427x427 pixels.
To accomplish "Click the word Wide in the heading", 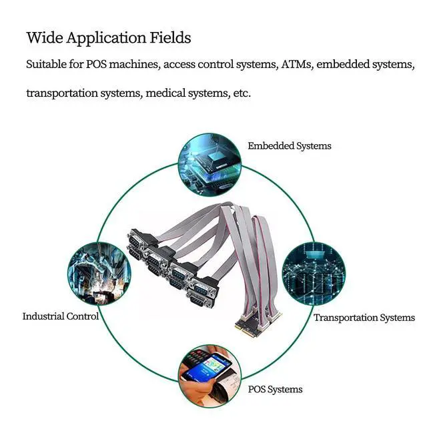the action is coord(45,37).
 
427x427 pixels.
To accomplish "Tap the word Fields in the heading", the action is coord(171,37).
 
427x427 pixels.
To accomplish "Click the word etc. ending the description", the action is coord(242,93).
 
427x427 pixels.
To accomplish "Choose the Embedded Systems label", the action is coord(290,146).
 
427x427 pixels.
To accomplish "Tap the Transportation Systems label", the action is coord(364,318).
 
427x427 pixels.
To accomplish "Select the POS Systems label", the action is coord(275,390).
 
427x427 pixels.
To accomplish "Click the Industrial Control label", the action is coord(61,316).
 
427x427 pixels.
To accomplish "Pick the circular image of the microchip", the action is coord(209,165).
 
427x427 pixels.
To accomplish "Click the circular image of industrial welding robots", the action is coord(99,274).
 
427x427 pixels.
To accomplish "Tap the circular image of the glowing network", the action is coord(314,274).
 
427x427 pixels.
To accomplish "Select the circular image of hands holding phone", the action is coord(209,376).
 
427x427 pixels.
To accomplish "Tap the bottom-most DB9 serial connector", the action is coord(198,300).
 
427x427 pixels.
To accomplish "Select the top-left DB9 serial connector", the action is coord(137,240).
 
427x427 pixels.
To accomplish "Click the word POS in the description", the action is coord(96,64).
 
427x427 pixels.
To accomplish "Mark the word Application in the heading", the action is coord(106,38).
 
